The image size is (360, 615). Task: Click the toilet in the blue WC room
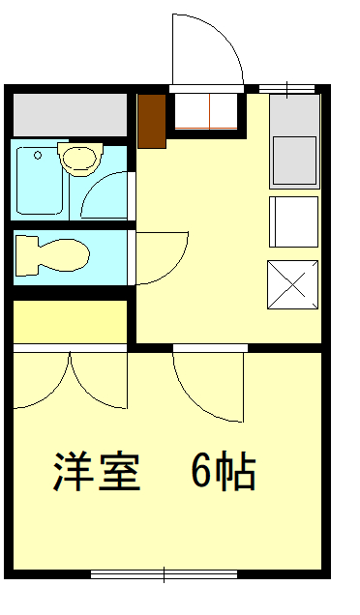tap(51, 255)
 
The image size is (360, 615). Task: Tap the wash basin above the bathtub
tap(80, 159)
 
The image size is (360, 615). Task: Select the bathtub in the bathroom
tap(40, 181)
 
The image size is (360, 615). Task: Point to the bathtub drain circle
tap(38, 156)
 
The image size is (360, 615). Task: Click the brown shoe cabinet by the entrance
tap(152, 121)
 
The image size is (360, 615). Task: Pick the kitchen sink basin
tap(294, 161)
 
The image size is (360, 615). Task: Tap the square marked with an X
tap(293, 284)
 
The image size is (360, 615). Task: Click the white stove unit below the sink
tap(293, 222)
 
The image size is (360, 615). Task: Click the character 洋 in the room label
tap(74, 472)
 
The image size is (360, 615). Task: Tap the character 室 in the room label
tap(119, 472)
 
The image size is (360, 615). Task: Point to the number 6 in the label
tap(201, 472)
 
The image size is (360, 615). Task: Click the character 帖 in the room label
tap(235, 472)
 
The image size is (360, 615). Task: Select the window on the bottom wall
tap(165, 574)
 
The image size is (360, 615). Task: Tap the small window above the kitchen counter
tap(287, 89)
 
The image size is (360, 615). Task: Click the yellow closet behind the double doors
tap(71, 322)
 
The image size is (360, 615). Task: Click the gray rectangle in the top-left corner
tap(71, 115)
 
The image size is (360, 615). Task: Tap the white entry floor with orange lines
tap(206, 111)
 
